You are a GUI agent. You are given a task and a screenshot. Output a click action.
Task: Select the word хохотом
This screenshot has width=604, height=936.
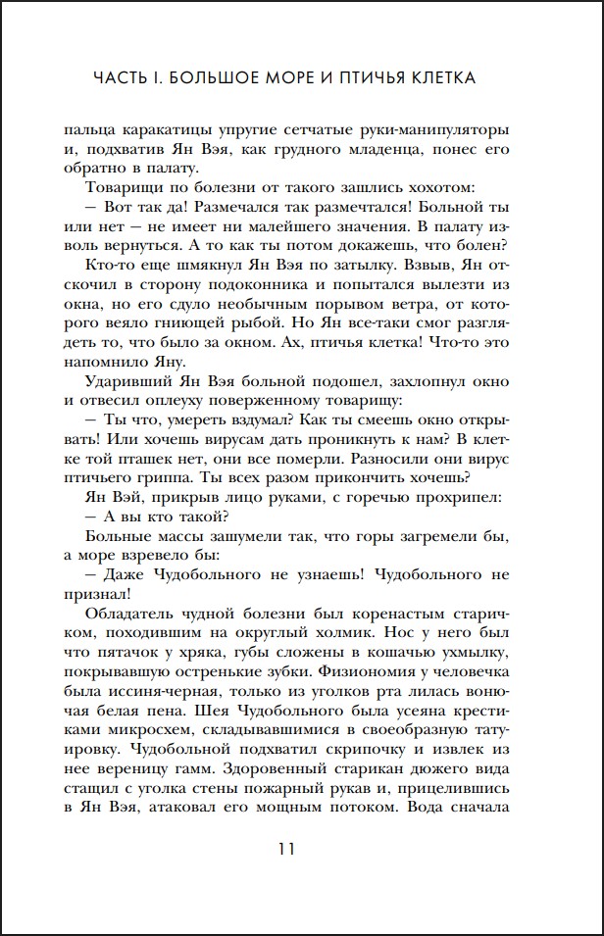tap(434, 187)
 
